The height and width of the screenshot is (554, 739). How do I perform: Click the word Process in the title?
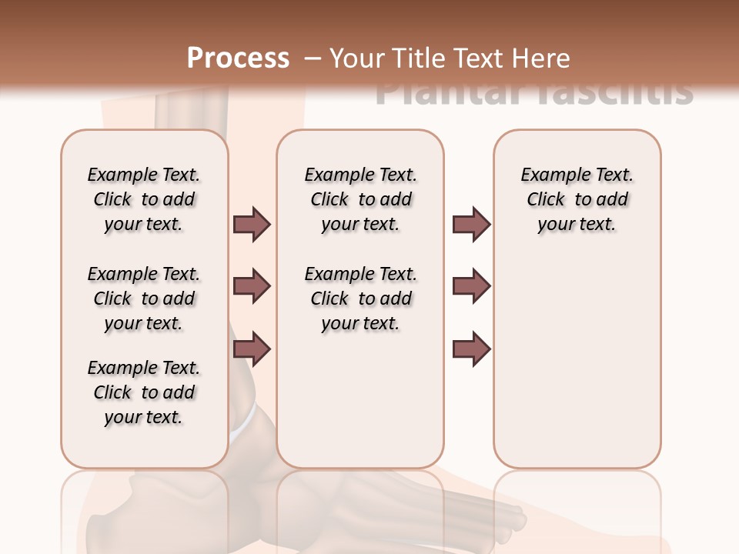tap(238, 58)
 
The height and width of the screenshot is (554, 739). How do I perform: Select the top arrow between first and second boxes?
tap(252, 224)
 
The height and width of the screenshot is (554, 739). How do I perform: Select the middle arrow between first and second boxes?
tap(252, 286)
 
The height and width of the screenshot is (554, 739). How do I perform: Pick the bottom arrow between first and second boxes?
tap(252, 349)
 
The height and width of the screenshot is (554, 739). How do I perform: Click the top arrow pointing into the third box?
tap(471, 224)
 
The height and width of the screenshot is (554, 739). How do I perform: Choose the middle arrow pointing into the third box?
tap(471, 286)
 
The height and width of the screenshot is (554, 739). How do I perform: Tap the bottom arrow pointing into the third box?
tap(471, 349)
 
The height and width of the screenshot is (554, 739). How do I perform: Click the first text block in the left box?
tap(144, 199)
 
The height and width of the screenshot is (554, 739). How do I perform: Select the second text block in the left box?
tap(144, 299)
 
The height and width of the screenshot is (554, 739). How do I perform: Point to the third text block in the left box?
tap(144, 392)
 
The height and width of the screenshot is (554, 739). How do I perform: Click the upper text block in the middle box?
tap(360, 199)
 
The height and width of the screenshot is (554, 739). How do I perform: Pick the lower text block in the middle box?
tap(360, 299)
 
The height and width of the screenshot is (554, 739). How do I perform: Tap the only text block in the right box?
tap(577, 199)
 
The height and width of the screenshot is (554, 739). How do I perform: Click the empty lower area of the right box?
tap(577, 369)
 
